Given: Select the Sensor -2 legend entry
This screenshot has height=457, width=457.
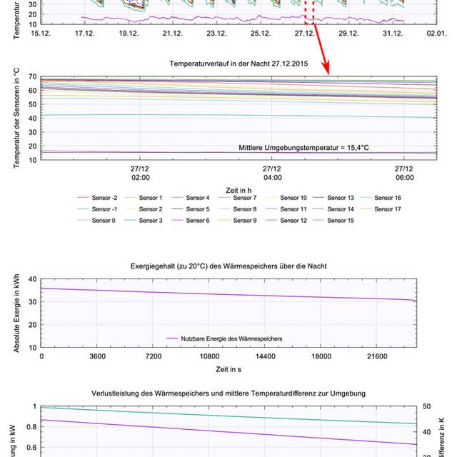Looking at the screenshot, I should click(x=101, y=197).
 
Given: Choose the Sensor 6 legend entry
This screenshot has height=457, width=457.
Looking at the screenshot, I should click(x=196, y=221).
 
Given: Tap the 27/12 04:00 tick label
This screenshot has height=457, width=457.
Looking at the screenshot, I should click(x=272, y=172).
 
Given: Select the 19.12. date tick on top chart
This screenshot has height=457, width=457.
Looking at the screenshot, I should click(x=129, y=34).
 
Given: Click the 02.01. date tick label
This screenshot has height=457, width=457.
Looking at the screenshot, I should click(x=437, y=34).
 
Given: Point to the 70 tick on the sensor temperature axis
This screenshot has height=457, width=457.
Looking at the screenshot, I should click(x=32, y=76).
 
